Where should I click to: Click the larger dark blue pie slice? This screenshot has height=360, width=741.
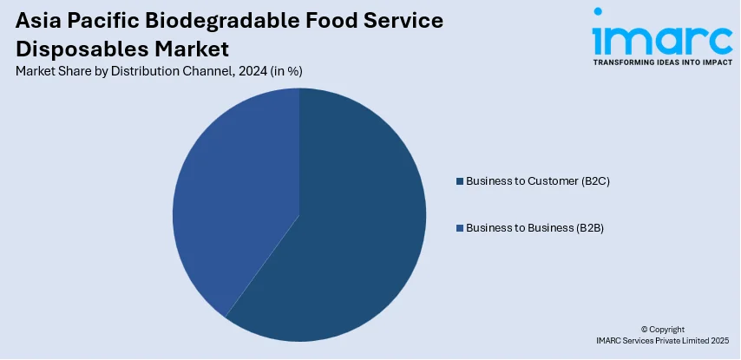point(347,226)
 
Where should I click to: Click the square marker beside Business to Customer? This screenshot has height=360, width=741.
point(459,181)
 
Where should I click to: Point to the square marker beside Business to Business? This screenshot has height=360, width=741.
point(459,227)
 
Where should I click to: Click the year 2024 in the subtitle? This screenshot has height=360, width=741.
point(252,71)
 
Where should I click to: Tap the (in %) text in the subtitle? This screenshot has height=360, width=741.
point(285,71)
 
